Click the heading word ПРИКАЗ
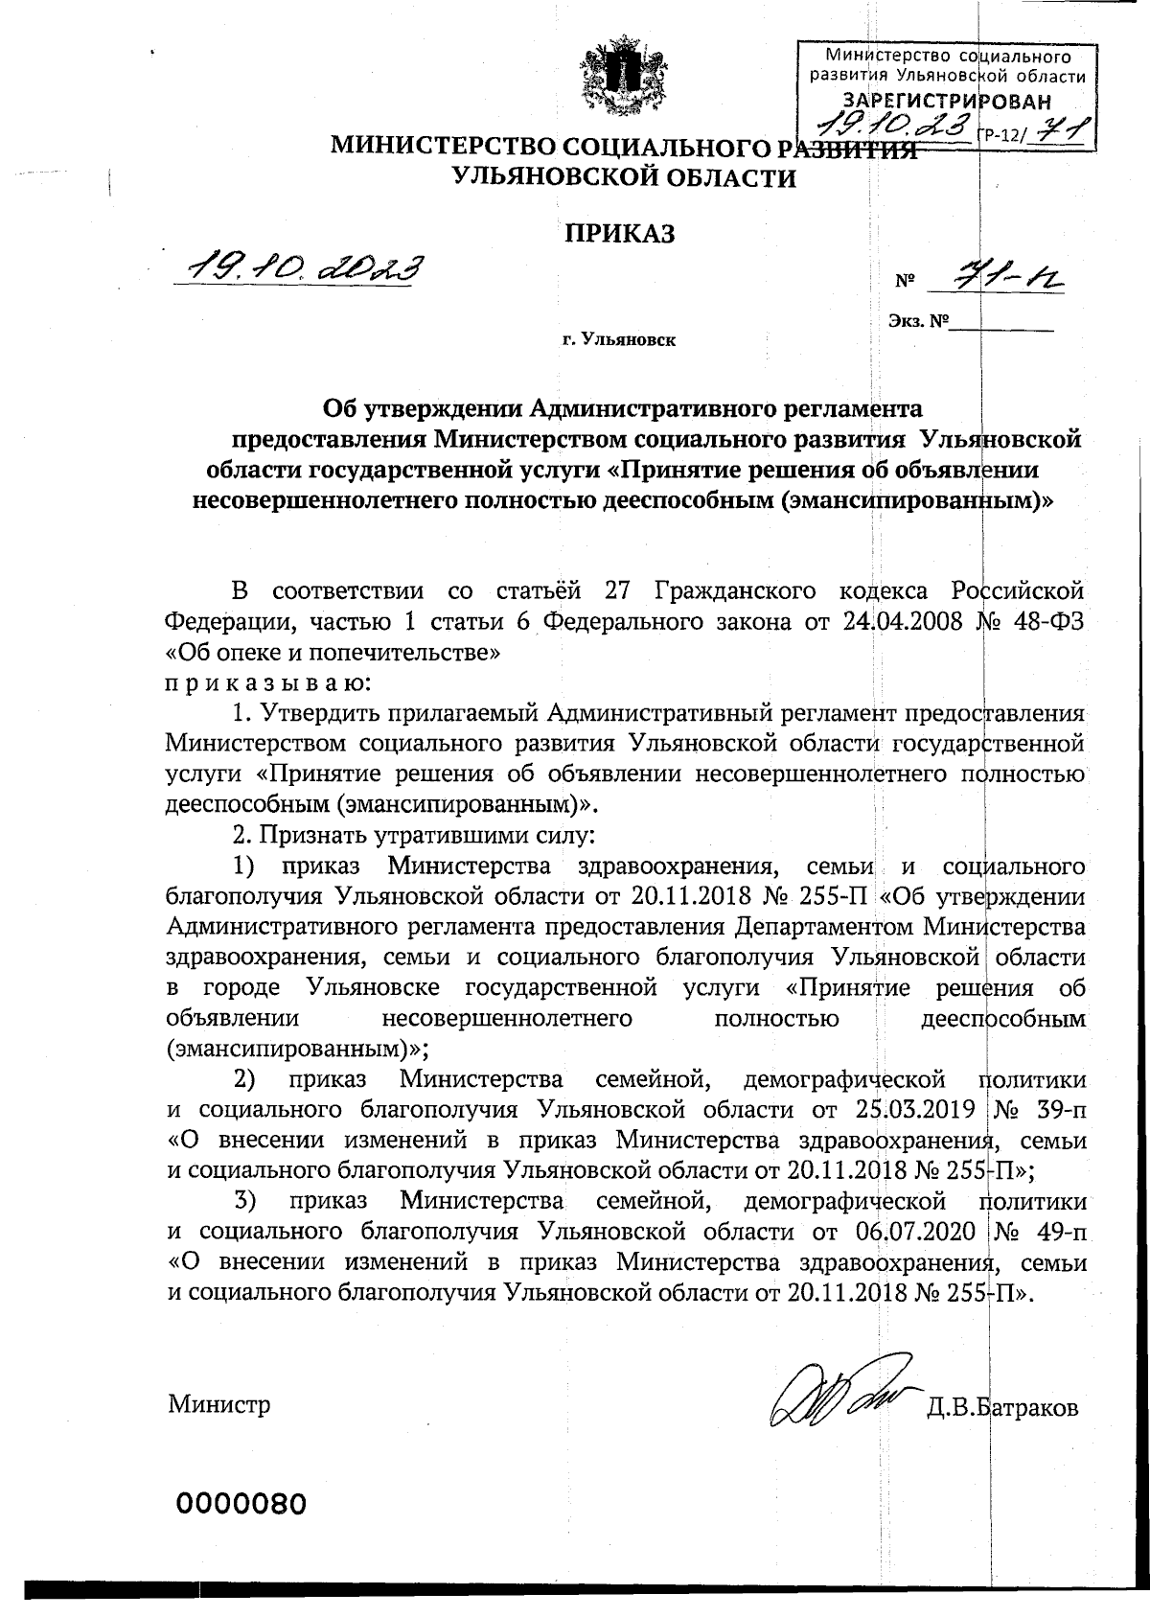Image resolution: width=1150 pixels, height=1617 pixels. pyautogui.click(x=618, y=233)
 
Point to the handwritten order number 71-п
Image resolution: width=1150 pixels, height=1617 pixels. pyautogui.click(x=1000, y=279)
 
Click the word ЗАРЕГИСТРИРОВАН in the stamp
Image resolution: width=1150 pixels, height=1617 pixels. pyautogui.click(x=945, y=102)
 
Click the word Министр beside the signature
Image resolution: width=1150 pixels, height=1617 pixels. pyautogui.click(x=219, y=1404)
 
